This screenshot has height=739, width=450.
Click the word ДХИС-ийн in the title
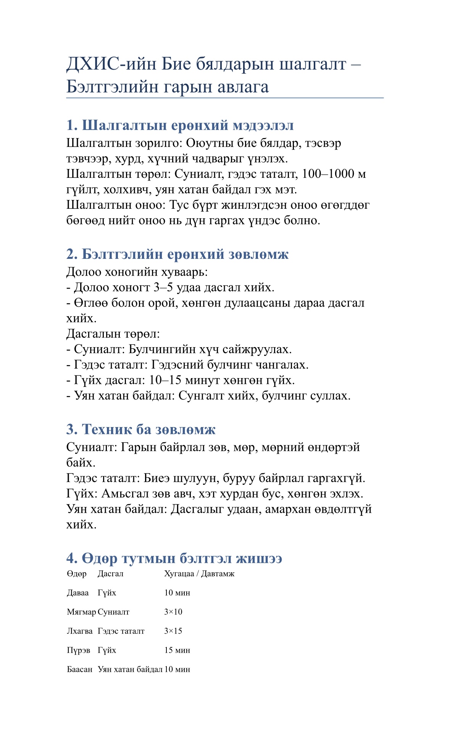pos(111,63)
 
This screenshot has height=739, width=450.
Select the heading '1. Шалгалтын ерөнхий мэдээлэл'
pos(180,125)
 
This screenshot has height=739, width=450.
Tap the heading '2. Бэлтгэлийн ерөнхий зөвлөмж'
pos(177,254)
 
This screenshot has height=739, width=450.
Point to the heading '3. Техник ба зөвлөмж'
pos(140,429)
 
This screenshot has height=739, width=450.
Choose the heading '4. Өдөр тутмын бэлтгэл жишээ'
pos(174,559)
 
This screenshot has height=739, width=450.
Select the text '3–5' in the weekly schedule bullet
pos(163,287)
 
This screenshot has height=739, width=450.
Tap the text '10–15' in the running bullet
pos(165,380)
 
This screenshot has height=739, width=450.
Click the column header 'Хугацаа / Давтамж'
pos(199,574)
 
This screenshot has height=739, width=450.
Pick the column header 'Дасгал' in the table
pos(110,574)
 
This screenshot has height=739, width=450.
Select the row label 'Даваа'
pos(78,593)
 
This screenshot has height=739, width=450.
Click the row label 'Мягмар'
pos(81,612)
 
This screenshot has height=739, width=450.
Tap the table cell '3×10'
pos(173,612)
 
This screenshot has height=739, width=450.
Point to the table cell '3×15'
pos(173,631)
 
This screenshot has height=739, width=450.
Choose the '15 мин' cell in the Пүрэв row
pos(177,650)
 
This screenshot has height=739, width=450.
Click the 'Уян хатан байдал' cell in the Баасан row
pos(130,669)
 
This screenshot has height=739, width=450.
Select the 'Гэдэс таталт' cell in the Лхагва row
pos(121,631)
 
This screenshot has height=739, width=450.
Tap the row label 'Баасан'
pos(80,669)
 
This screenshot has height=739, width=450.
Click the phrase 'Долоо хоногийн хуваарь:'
pos(137,272)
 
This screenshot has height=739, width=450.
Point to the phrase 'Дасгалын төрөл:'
pos(113,334)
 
